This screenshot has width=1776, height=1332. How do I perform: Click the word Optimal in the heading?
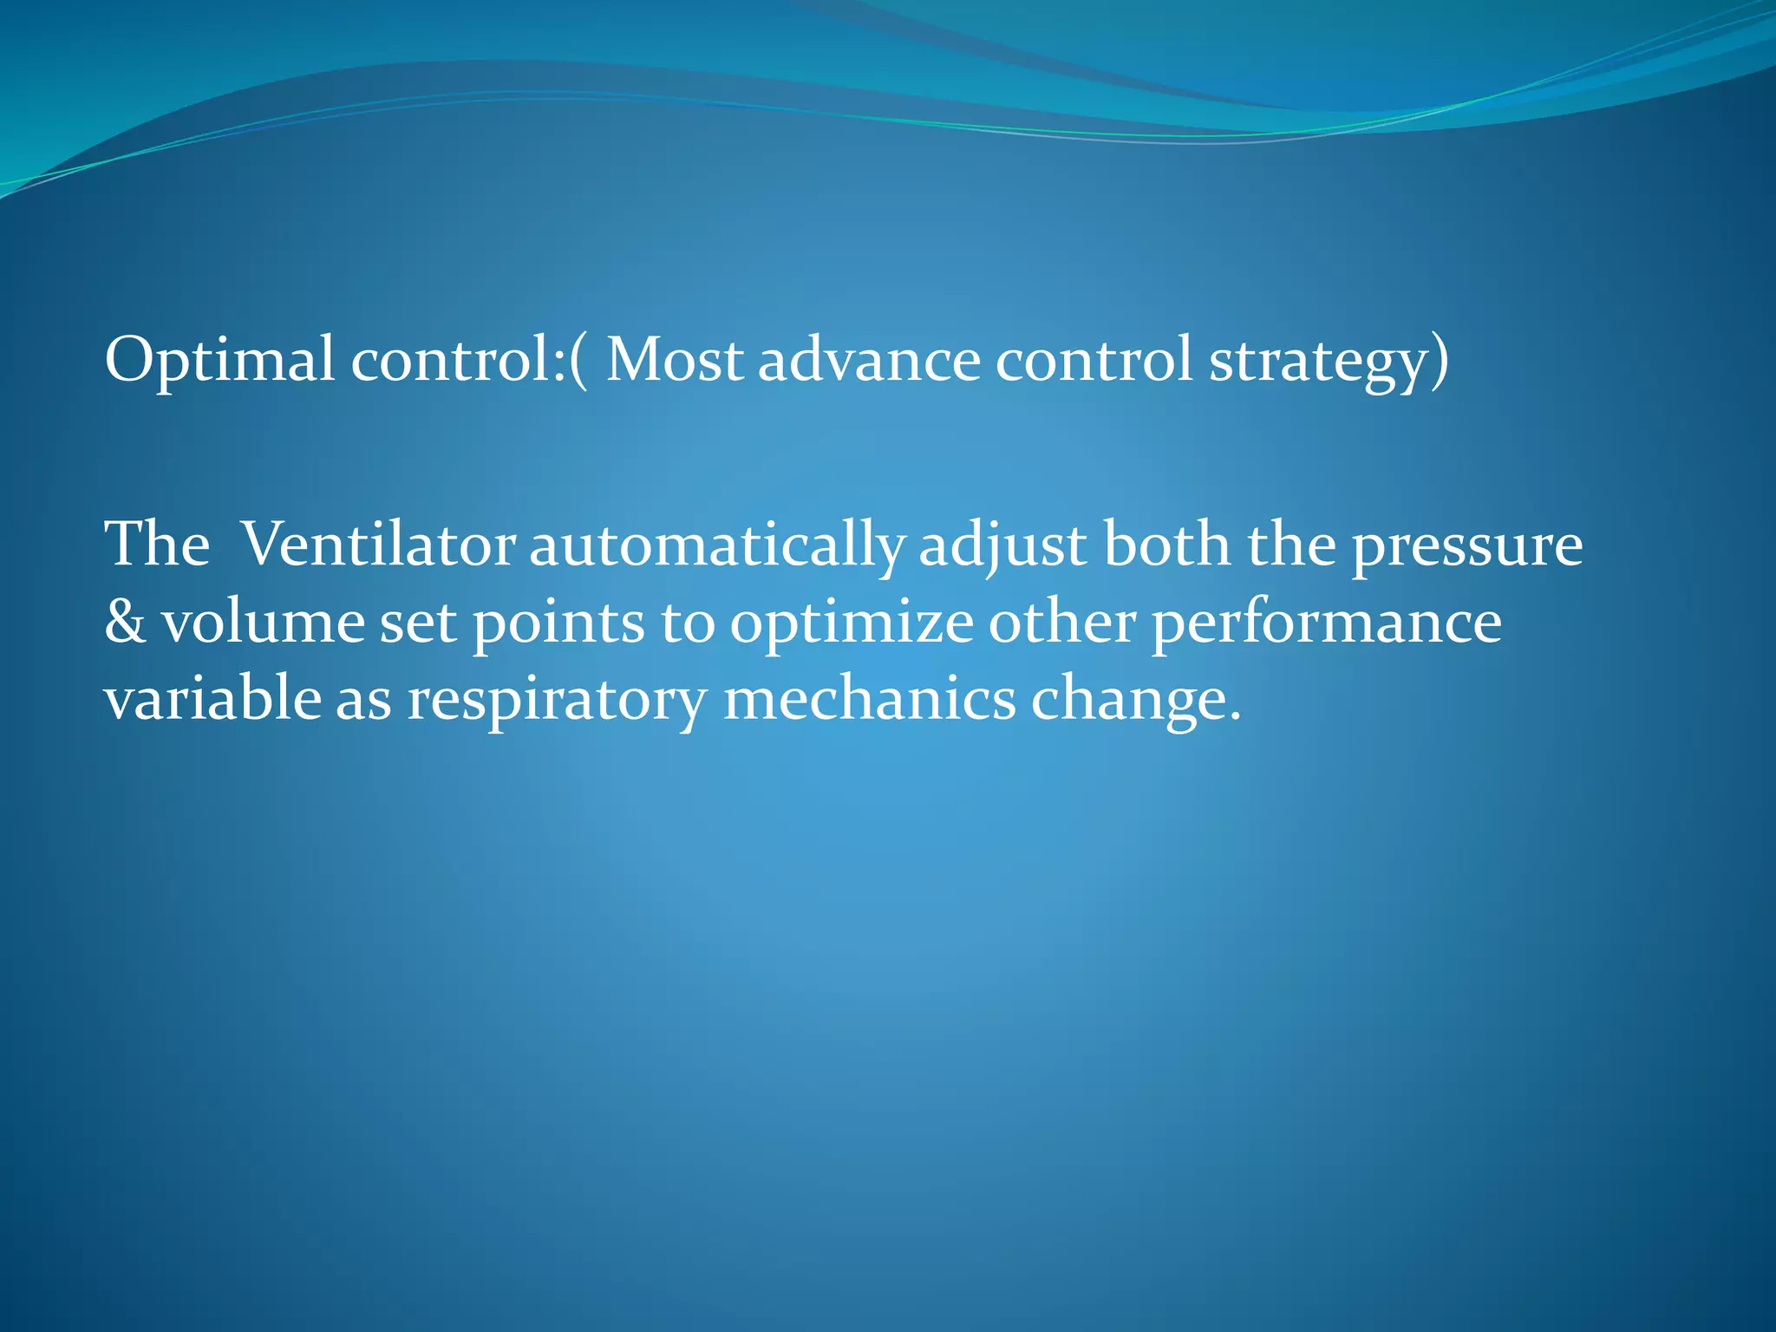click(219, 360)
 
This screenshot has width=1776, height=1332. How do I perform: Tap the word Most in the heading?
click(674, 360)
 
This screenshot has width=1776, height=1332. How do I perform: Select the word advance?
click(869, 360)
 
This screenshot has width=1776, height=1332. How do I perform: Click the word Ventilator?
click(377, 545)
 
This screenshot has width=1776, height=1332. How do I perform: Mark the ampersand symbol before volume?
click(125, 623)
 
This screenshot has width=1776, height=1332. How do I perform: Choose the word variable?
click(212, 699)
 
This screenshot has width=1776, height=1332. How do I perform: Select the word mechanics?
click(869, 699)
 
